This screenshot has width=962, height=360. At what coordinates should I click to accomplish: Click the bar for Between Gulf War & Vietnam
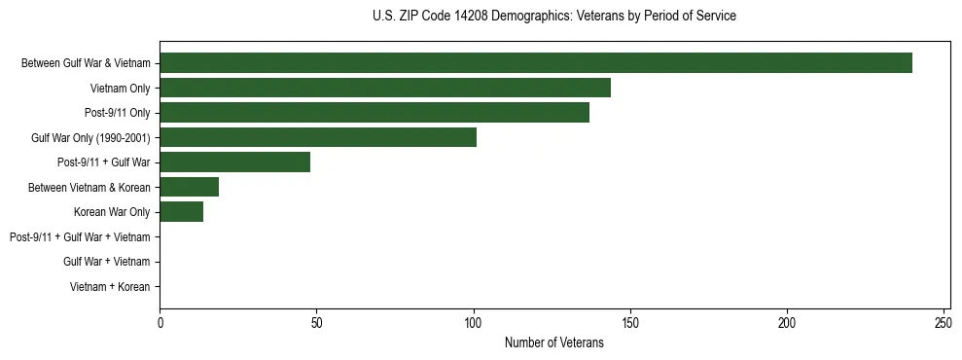[x=536, y=63]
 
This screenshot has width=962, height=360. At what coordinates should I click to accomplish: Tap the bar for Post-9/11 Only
[x=374, y=113]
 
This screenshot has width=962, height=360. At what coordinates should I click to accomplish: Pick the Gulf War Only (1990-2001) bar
[x=318, y=137]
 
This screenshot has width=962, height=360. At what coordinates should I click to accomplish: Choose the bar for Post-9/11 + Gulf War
[x=234, y=162]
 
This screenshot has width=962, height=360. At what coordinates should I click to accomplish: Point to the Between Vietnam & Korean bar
[x=189, y=187]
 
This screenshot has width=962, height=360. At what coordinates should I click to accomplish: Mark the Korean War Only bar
[x=181, y=212]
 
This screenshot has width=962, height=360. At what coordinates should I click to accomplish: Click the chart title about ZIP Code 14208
[x=554, y=17]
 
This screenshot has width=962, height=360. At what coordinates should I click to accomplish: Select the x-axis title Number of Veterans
[x=554, y=342]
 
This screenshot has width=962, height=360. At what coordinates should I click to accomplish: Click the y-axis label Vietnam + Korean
[x=110, y=287]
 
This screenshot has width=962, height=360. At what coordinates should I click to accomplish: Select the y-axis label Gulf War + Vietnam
[x=106, y=262]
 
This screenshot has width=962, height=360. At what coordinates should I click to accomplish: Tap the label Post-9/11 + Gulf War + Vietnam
[x=80, y=237]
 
